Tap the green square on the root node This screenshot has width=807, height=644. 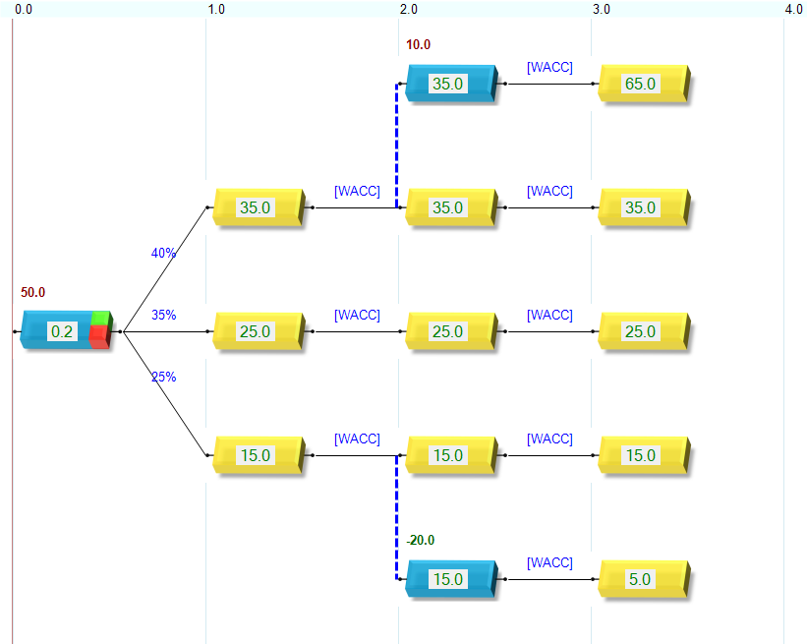coord(99,318)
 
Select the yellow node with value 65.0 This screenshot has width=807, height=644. coord(641,85)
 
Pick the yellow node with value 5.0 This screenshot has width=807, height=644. coord(641,580)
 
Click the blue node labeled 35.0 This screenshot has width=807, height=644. coord(448,85)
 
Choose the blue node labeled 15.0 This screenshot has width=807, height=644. coord(448,580)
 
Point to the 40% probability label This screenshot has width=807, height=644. coord(163,253)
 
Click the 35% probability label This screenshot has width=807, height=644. coord(163,315)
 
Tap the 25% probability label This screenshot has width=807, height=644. coord(163,377)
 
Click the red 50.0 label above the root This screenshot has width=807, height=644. coord(32,293)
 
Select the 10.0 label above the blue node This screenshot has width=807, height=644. coord(418,44)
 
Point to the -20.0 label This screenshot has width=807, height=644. coord(420,540)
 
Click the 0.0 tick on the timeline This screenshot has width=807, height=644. coord(24,9)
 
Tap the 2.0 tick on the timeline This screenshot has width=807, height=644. coord(408,9)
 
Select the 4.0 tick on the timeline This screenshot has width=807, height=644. coord(793,9)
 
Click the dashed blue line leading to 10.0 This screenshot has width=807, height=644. coord(397,147)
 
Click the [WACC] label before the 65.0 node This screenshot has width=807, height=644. coord(549,67)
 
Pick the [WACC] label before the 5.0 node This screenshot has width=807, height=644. coord(549,562)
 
